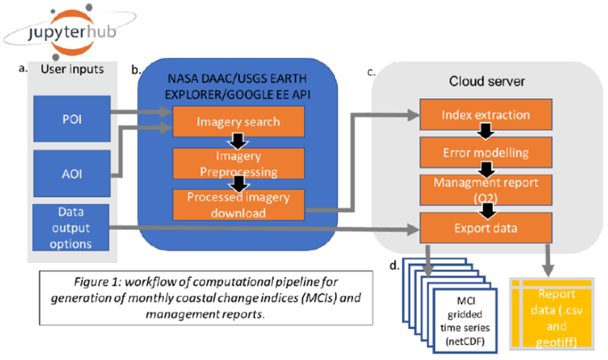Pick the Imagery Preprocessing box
pos(238,163)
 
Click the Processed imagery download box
pos(238,204)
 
